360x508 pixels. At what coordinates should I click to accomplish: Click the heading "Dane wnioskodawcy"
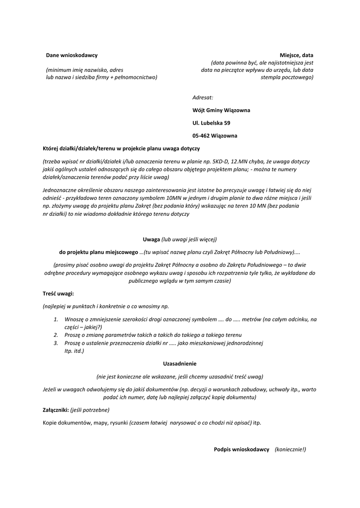(72, 55)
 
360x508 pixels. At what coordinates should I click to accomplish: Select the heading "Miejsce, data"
(296, 55)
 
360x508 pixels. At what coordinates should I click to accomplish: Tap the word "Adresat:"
(203, 97)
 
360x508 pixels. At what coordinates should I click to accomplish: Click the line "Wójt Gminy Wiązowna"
(221, 110)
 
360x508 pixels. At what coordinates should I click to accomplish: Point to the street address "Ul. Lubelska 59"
(211, 123)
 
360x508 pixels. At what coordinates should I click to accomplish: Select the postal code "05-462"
(201, 135)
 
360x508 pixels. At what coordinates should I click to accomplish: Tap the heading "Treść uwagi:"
(58, 294)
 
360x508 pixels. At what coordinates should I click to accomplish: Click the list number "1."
(56, 319)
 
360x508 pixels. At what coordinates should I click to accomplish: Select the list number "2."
(56, 335)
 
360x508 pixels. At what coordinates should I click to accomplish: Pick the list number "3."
(56, 343)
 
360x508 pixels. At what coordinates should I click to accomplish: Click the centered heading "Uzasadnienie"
(180, 364)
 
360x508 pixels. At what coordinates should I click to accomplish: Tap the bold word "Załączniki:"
(56, 410)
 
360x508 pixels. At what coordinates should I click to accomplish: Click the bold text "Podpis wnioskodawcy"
(241, 449)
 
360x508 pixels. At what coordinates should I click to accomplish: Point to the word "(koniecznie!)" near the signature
(290, 449)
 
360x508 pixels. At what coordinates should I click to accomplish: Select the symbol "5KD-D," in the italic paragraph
(223, 162)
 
